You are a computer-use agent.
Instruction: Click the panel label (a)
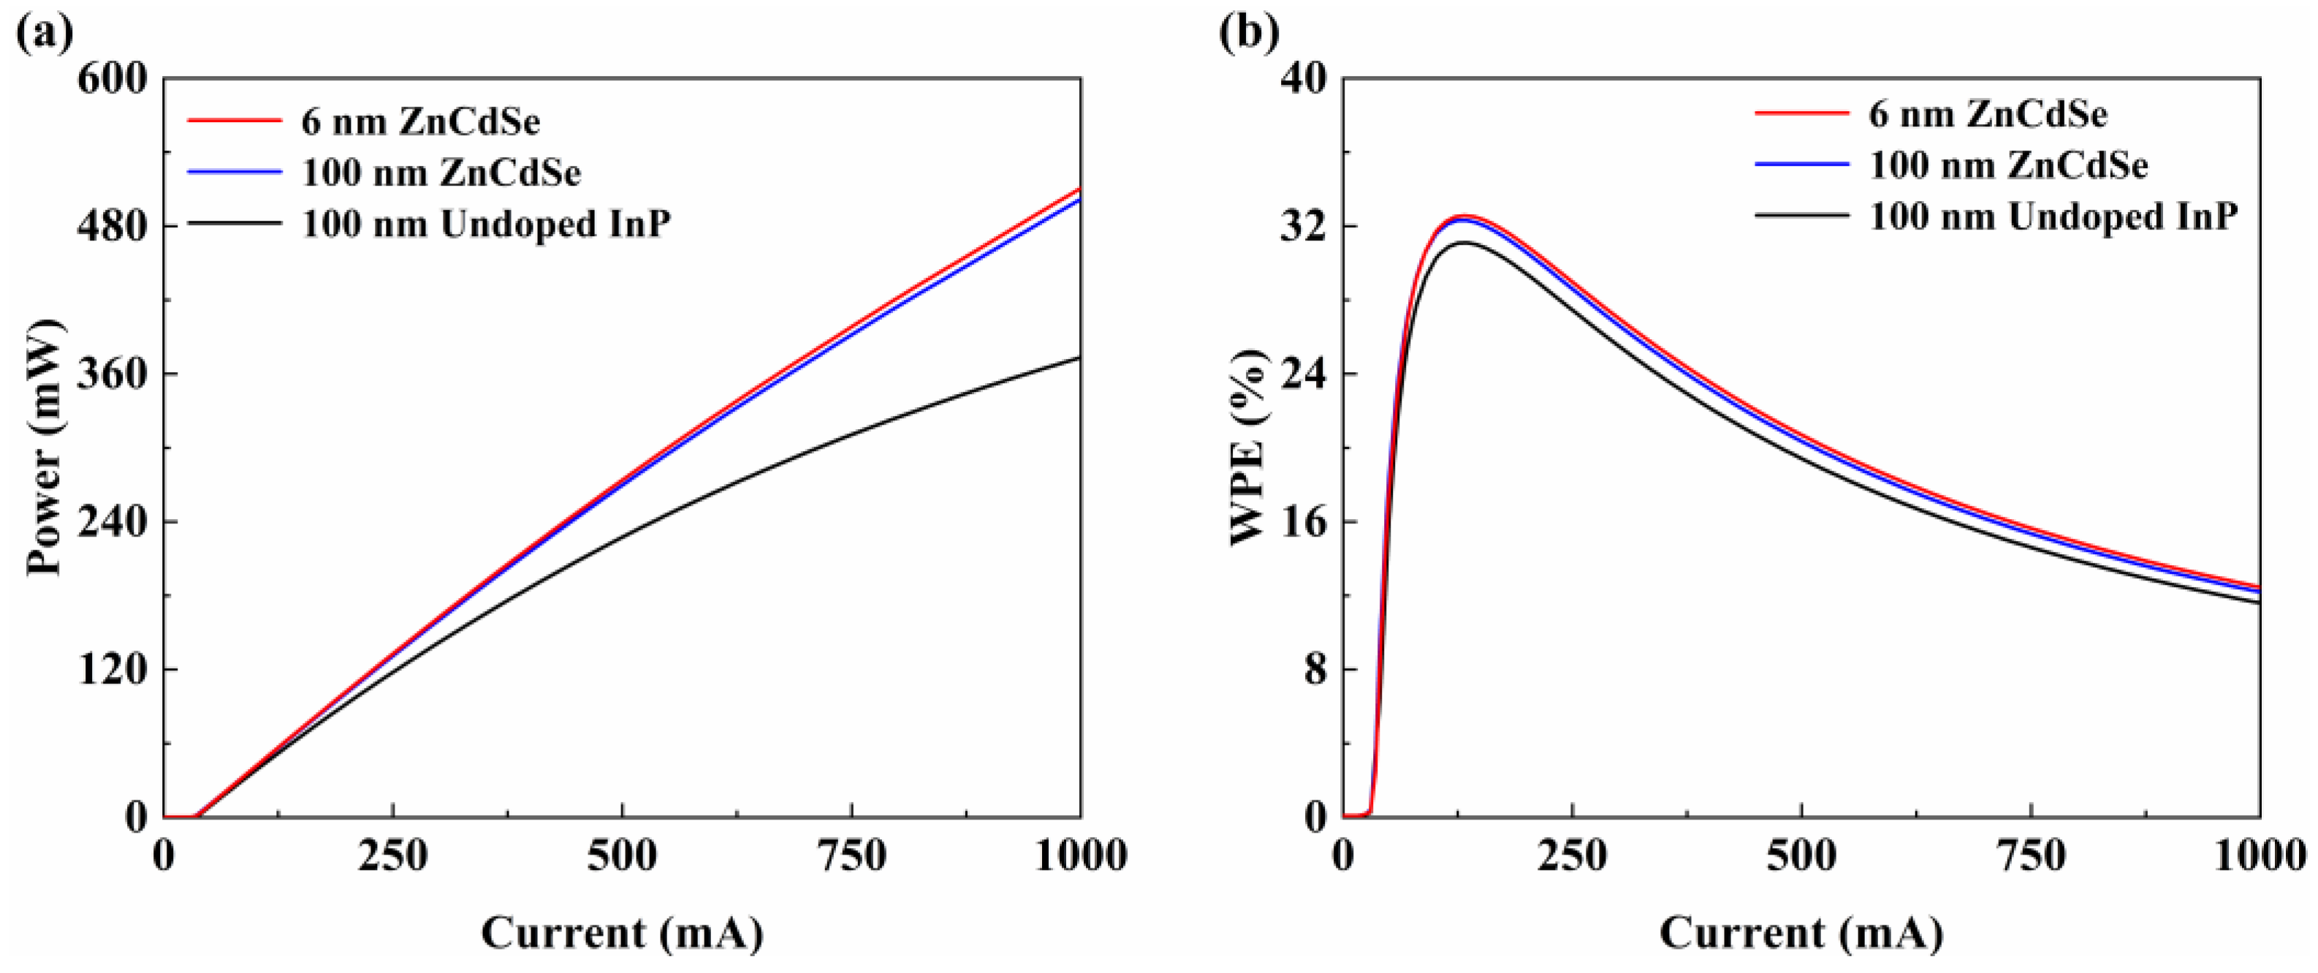(45, 34)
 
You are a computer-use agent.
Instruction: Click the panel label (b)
(1249, 34)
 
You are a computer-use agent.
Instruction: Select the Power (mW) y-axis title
(45, 447)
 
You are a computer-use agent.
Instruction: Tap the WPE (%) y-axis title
(1249, 447)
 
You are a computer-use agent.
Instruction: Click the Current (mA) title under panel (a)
(622, 934)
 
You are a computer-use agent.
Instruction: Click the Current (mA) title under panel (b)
(1801, 934)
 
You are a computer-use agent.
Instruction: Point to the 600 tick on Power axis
(112, 79)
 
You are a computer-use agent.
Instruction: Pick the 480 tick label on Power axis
(112, 226)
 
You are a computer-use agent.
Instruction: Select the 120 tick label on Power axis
(112, 670)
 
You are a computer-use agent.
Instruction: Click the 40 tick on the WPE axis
(1304, 79)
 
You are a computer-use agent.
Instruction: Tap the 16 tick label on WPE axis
(1304, 522)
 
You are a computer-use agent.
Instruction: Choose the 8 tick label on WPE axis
(1315, 670)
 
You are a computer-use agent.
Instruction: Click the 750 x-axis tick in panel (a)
(851, 856)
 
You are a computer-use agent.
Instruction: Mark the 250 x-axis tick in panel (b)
(1572, 856)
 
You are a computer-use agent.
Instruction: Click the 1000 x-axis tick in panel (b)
(2259, 856)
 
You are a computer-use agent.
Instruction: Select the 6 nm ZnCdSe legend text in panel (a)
(420, 121)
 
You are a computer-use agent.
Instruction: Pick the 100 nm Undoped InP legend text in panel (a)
(486, 223)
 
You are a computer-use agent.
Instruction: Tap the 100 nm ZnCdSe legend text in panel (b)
(2008, 166)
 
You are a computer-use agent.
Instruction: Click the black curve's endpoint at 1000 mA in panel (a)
(1079, 358)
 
